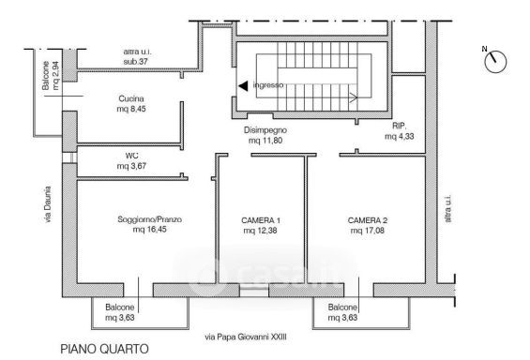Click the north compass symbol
point(495,62)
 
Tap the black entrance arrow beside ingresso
point(243,85)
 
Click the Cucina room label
point(131,98)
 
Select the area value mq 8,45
point(131,109)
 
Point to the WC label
point(131,156)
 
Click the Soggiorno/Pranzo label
point(149,219)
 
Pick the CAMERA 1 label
point(261,220)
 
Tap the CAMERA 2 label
point(368,220)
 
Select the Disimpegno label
point(265,130)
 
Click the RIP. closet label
point(400,126)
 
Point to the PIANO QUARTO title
point(104,349)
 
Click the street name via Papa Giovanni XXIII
point(246,337)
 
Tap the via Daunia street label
point(48,204)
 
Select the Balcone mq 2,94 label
point(51,76)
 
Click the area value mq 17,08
point(368,231)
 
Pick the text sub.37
point(136,62)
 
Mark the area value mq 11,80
point(265,140)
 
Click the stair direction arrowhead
point(354,98)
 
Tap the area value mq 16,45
point(149,230)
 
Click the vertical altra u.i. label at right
point(447,208)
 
